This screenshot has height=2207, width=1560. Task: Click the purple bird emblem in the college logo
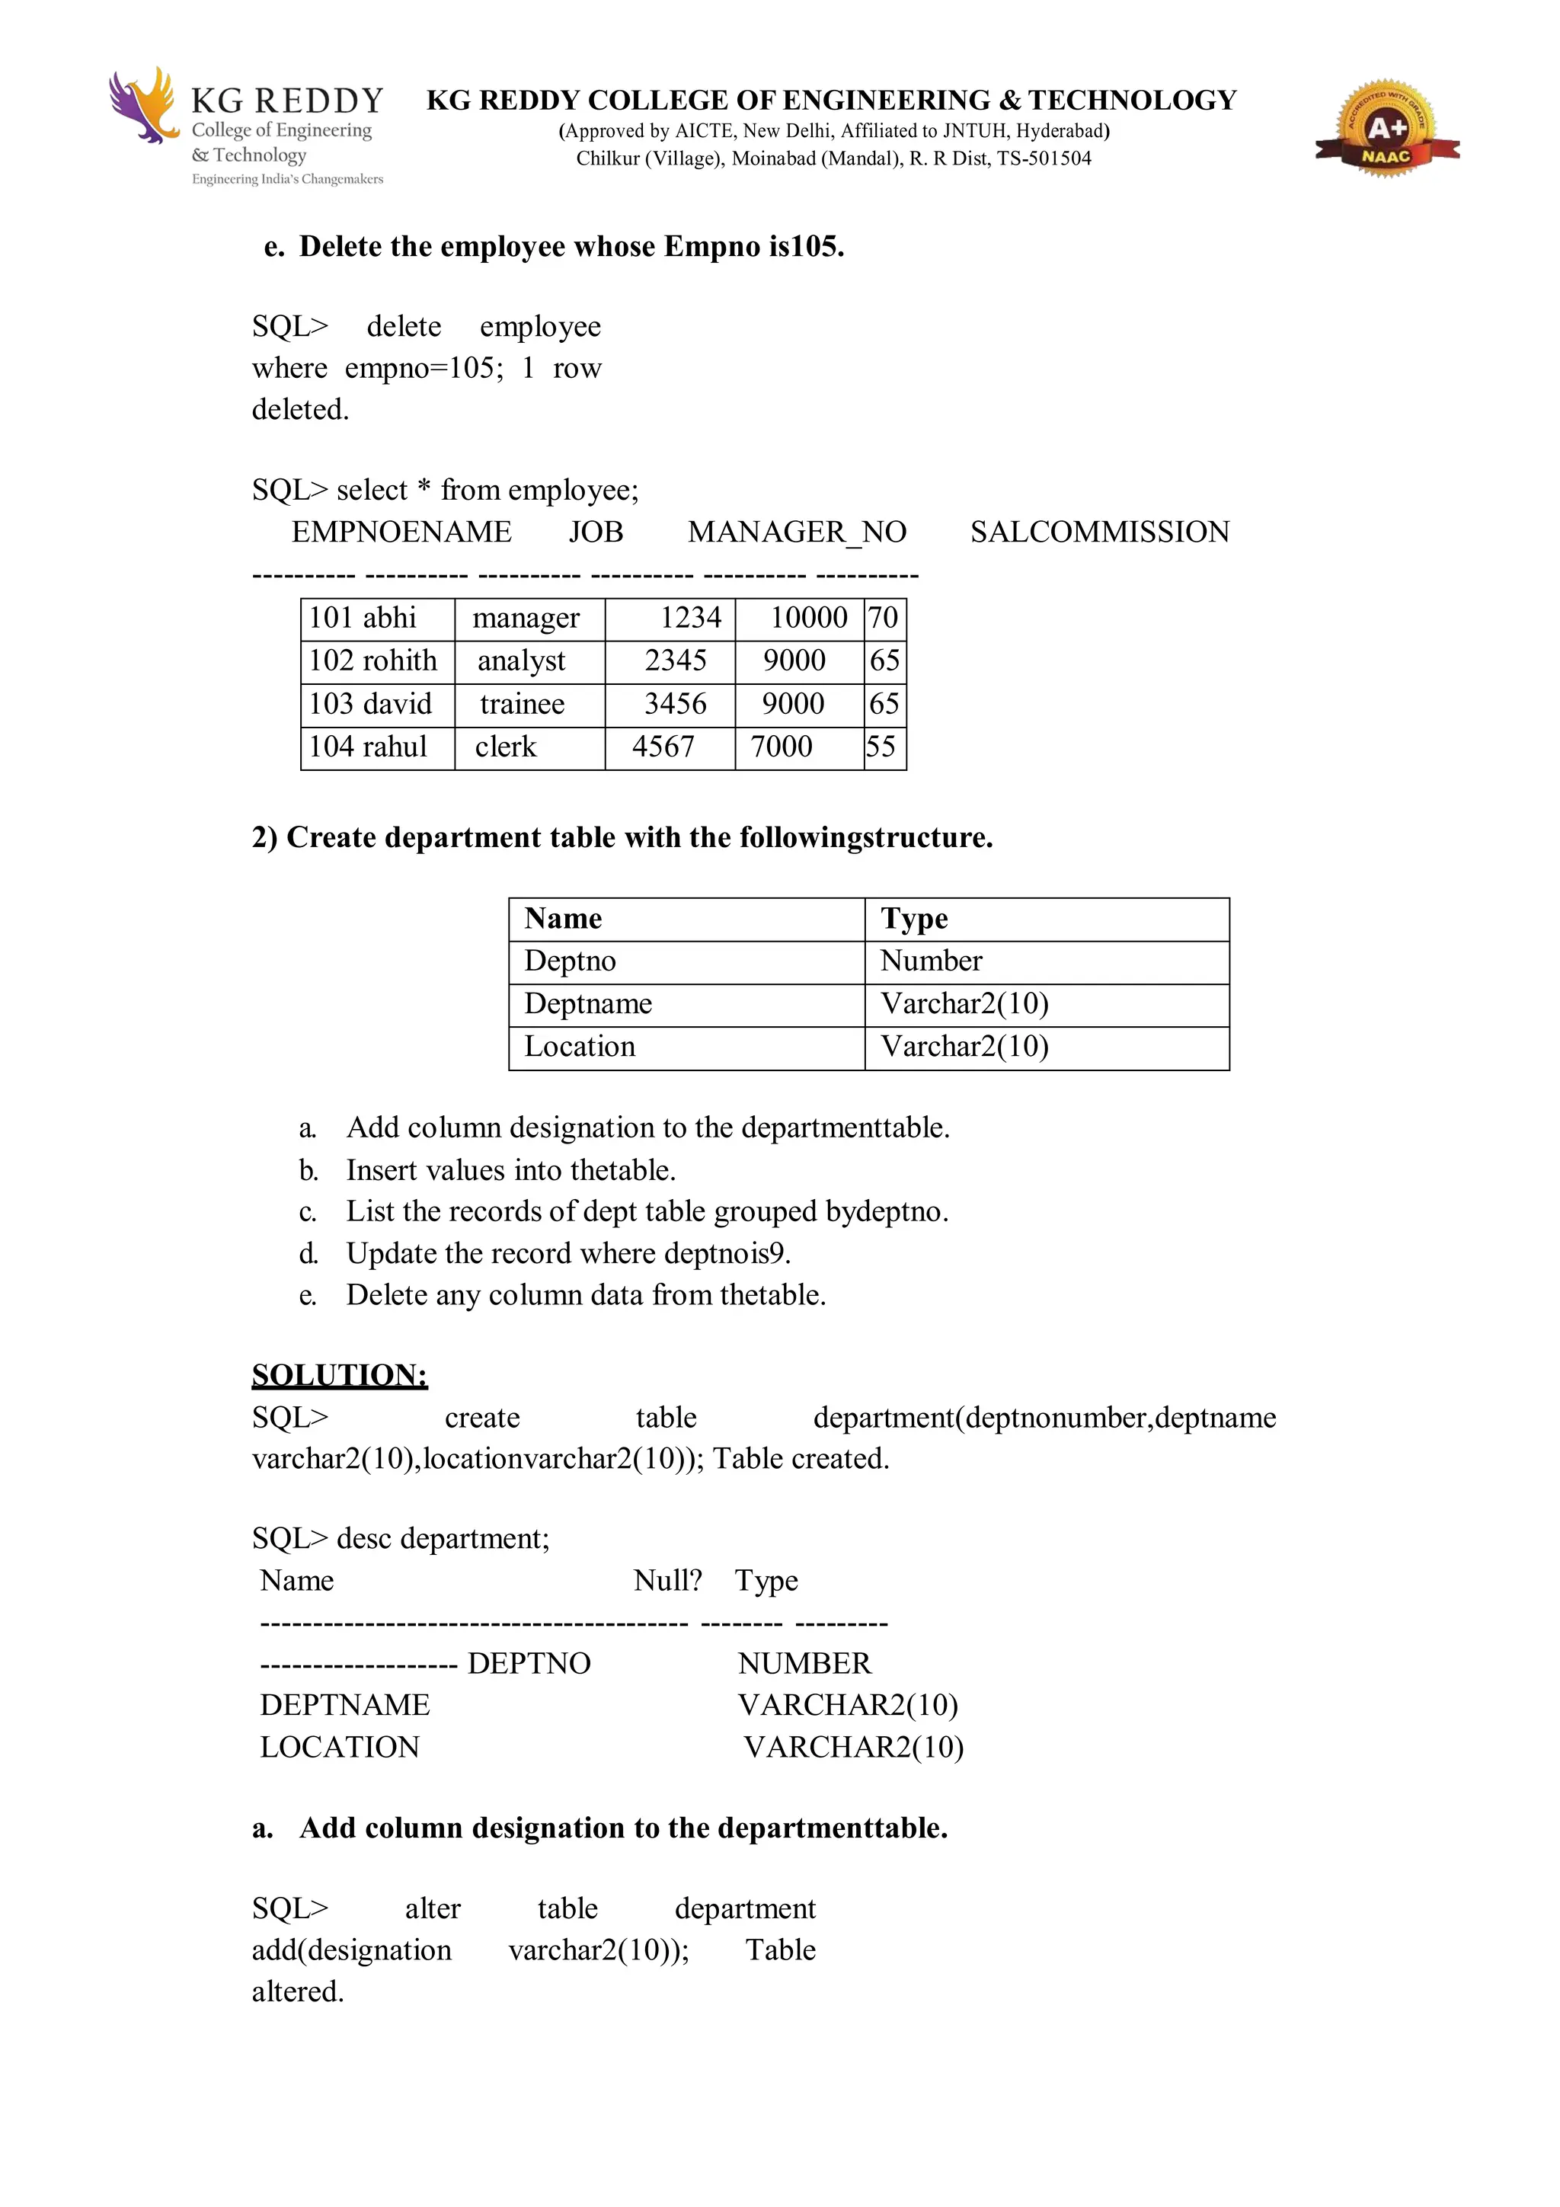(x=142, y=106)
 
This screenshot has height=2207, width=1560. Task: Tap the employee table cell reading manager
(x=526, y=618)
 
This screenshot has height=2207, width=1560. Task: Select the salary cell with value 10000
(x=808, y=618)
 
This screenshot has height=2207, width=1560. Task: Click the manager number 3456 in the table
(x=675, y=704)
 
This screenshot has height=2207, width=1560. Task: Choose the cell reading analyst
(x=521, y=661)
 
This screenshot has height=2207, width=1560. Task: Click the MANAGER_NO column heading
(x=797, y=532)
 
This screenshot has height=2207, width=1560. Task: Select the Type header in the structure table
(x=914, y=919)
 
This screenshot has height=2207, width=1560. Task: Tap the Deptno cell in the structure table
(x=570, y=961)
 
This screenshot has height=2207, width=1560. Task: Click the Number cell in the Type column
(x=930, y=961)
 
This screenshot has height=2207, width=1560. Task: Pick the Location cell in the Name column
(x=580, y=1047)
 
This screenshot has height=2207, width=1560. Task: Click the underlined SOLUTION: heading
(x=339, y=1374)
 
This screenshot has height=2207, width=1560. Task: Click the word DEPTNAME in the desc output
(x=345, y=1705)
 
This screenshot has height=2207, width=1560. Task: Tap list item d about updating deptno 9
(x=567, y=1253)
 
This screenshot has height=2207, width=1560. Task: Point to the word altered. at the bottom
(x=298, y=1991)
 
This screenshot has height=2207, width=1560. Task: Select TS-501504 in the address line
(x=1044, y=158)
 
